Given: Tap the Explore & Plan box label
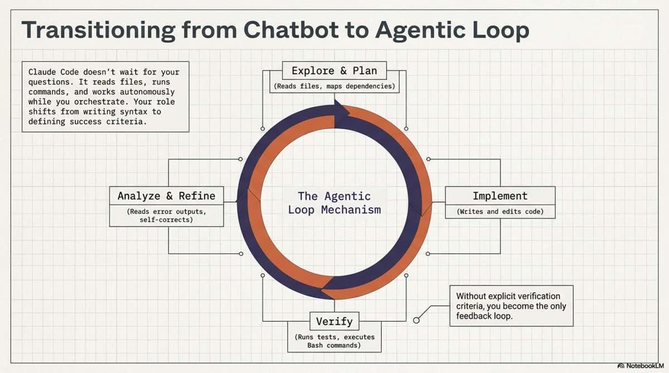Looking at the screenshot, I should (334, 71).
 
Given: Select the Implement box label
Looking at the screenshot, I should (500, 196).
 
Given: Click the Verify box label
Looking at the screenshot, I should (334, 321).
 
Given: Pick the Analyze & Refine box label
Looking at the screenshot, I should (166, 196).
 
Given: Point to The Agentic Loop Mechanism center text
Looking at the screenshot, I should (334, 203).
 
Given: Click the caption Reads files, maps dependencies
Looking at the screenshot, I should (334, 86).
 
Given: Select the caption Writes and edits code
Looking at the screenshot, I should (500, 212).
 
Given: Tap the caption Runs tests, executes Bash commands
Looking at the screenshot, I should (334, 341).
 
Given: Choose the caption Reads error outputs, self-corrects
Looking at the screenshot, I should (166, 216).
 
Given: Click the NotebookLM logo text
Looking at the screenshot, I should (644, 366).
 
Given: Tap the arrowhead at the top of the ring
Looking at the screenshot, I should (341, 108).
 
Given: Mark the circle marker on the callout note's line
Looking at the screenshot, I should (416, 320).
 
